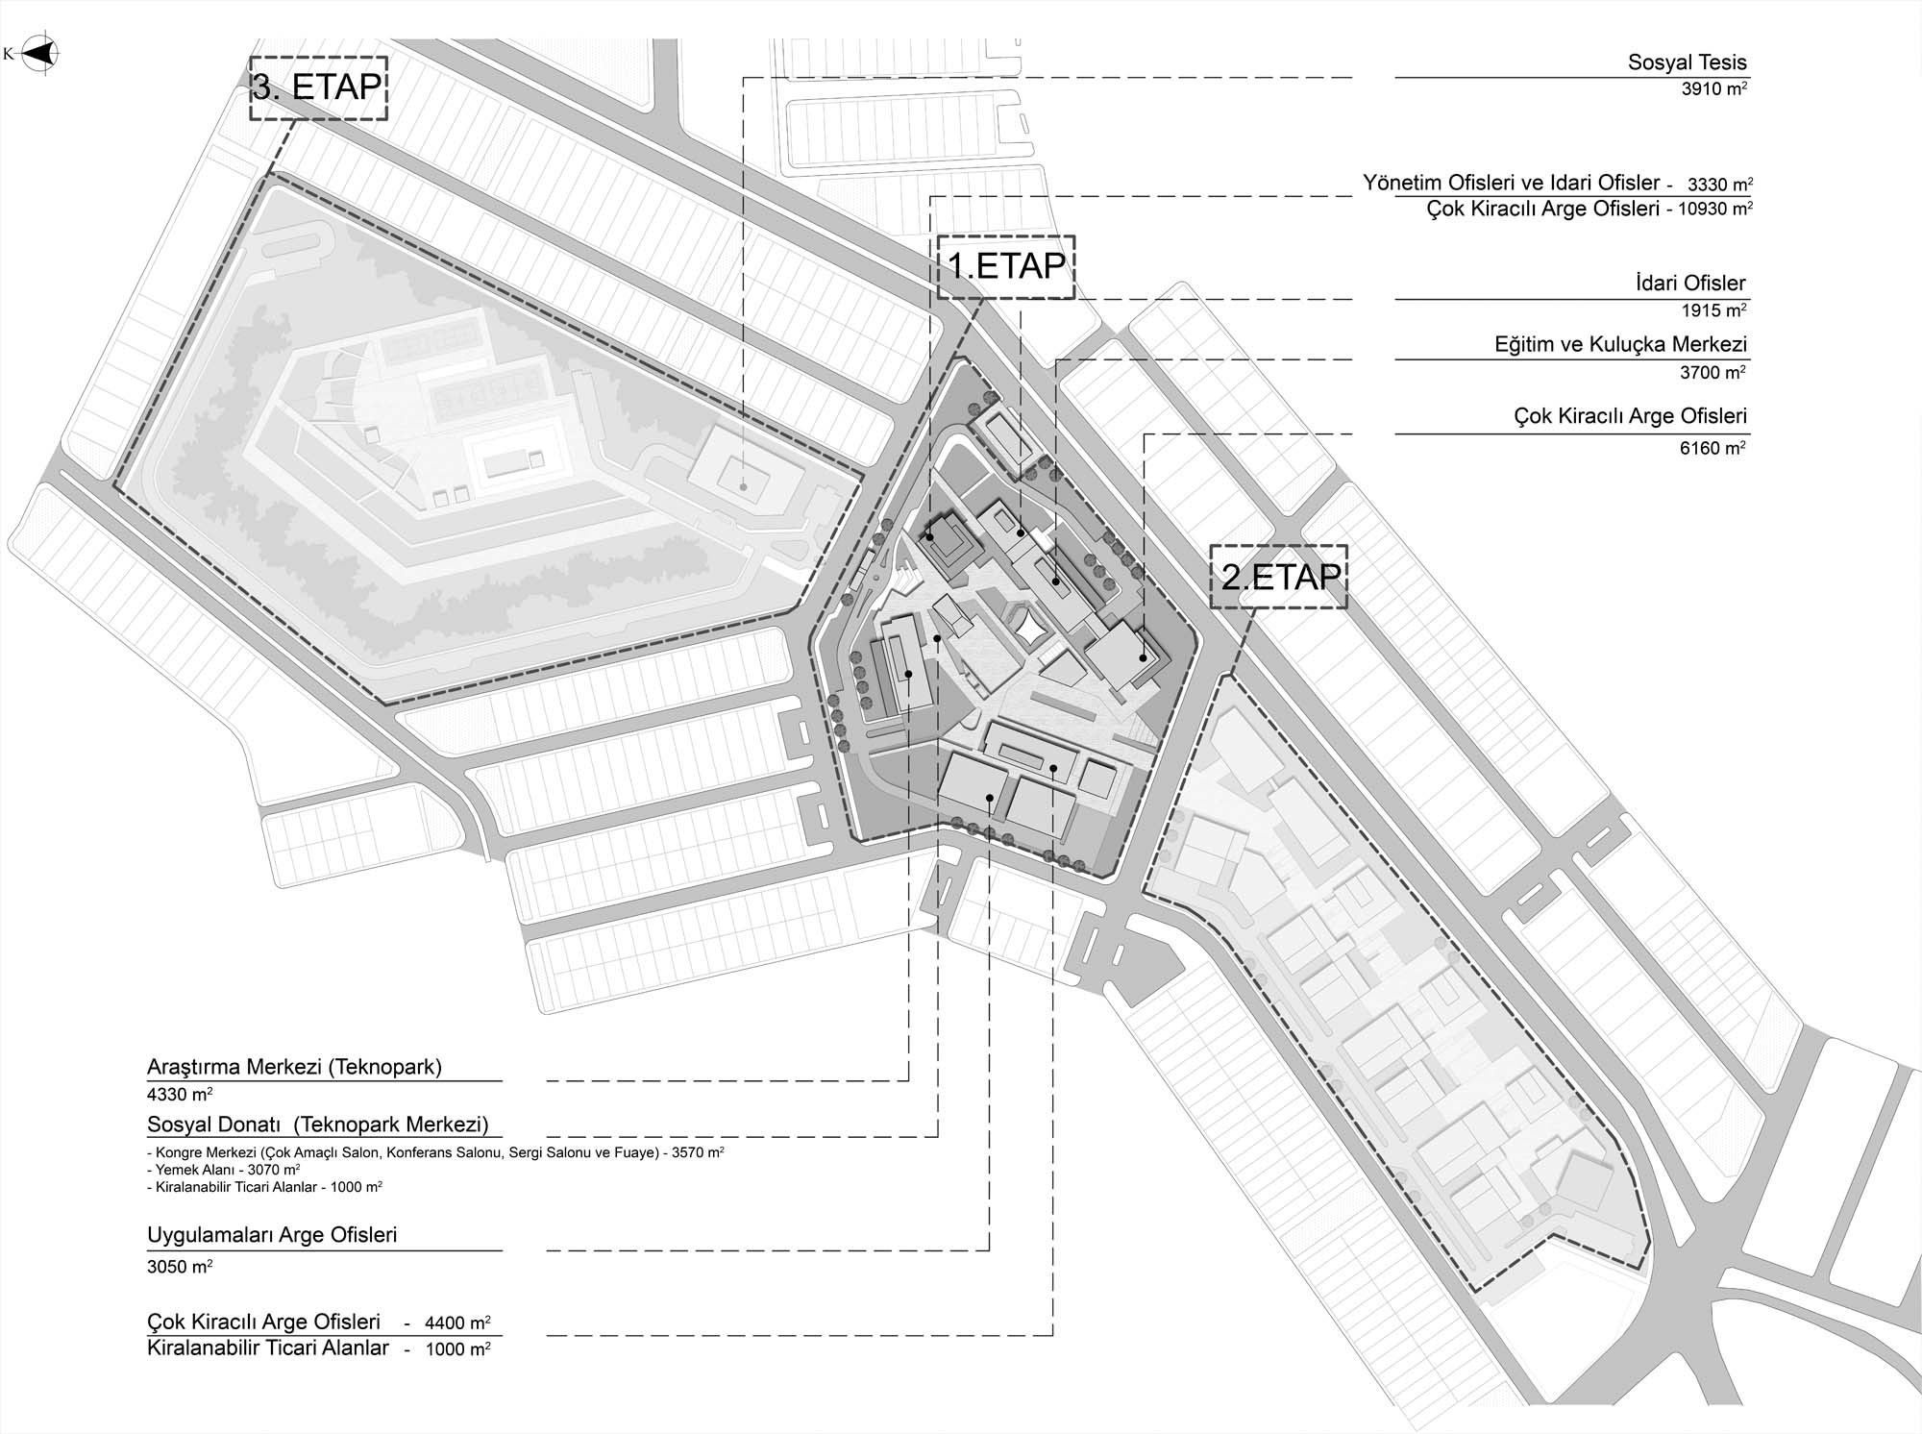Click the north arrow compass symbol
click(39, 55)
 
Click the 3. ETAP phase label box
click(318, 87)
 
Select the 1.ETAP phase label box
click(1006, 266)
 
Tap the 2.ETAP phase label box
click(1279, 577)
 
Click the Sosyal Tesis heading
click(1687, 63)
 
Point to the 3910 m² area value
click(1713, 89)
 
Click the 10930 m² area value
click(1714, 209)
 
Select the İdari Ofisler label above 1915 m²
click(1689, 284)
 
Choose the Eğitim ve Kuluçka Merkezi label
click(1620, 344)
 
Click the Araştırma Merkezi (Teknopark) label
click(294, 1067)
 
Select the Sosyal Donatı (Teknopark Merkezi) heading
click(318, 1125)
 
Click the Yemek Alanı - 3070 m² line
click(224, 1170)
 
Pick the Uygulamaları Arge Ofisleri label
click(272, 1235)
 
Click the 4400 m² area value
click(457, 1323)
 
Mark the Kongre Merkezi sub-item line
click(435, 1151)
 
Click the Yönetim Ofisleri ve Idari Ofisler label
click(1511, 183)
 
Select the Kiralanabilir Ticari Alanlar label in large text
click(268, 1348)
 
